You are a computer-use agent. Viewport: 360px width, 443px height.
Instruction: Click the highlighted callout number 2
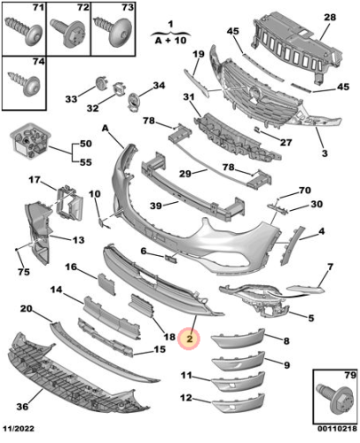(x=189, y=338)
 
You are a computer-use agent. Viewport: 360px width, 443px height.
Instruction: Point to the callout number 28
(x=330, y=18)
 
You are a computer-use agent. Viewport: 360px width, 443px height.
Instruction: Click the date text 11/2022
(x=19, y=428)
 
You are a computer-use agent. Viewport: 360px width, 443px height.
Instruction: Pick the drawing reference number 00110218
(x=337, y=428)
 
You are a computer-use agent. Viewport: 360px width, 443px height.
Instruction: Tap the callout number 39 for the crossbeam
(x=156, y=206)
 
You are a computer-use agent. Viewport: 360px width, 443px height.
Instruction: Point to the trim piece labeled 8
(x=239, y=339)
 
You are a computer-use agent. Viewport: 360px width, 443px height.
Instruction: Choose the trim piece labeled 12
(x=239, y=403)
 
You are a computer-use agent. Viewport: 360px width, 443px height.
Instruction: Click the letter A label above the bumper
(x=106, y=128)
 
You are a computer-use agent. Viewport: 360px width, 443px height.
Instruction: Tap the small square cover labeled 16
(x=106, y=284)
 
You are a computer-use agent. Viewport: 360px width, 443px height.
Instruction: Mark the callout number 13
(x=78, y=240)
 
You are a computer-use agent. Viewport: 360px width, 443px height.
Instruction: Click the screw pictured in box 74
(x=24, y=84)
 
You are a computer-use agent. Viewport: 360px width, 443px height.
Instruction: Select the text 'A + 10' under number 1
(x=170, y=40)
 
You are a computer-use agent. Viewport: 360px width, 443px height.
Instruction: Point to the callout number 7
(x=330, y=267)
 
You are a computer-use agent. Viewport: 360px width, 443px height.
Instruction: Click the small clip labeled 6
(x=171, y=259)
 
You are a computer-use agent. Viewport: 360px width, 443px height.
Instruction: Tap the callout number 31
(x=189, y=97)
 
